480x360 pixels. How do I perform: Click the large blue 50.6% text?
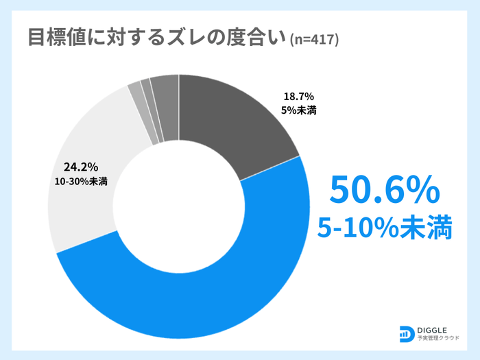(383, 190)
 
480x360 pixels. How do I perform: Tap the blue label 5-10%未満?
(384, 228)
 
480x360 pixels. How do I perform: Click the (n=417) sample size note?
(315, 40)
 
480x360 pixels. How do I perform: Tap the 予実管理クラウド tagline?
(439, 339)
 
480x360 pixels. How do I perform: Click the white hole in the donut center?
(178, 206)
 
